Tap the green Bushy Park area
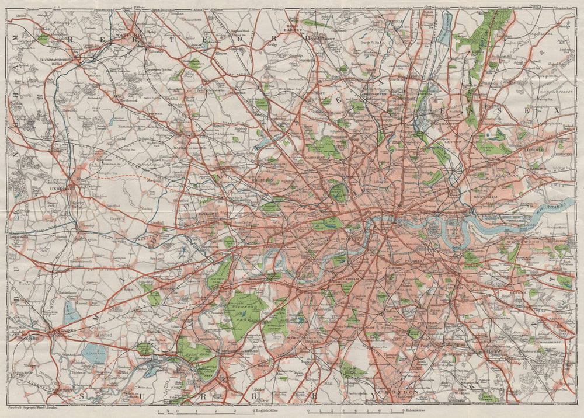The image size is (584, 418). (192, 350)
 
